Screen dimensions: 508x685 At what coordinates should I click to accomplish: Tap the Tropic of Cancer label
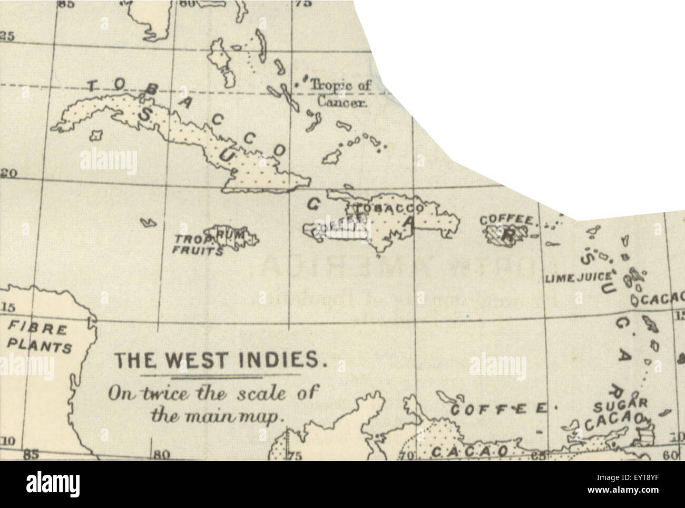[339, 93]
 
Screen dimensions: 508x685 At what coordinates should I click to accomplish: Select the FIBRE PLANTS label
[40, 338]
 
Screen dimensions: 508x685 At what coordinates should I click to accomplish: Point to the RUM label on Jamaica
[232, 233]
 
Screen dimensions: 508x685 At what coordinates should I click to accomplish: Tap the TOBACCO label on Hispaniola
[390, 207]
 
